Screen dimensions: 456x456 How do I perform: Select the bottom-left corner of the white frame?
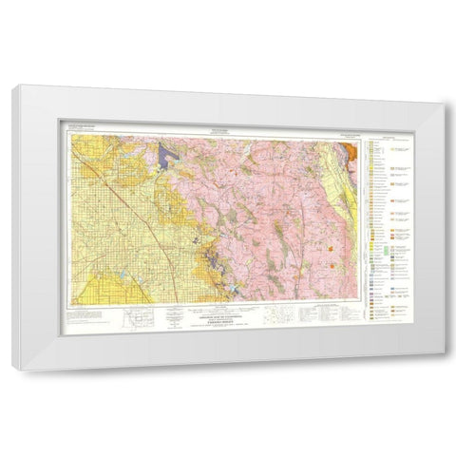(13, 367)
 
